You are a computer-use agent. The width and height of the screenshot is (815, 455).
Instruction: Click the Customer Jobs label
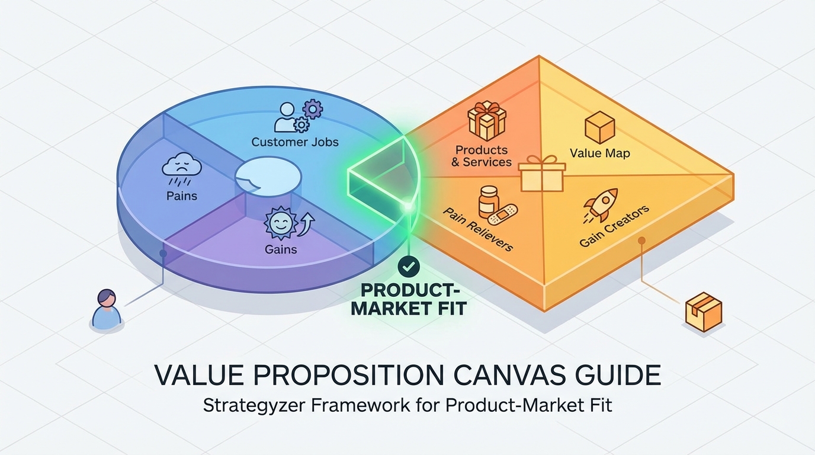pyautogui.click(x=295, y=142)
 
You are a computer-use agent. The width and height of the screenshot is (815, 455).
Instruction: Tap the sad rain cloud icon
pyautogui.click(x=182, y=168)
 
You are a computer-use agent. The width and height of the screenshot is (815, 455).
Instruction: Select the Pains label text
pyautogui.click(x=182, y=196)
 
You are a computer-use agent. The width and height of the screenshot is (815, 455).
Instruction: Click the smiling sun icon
pyautogui.click(x=280, y=222)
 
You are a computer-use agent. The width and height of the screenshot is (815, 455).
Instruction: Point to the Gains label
pyautogui.click(x=281, y=249)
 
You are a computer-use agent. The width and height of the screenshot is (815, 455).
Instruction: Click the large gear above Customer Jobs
pyautogui.click(x=313, y=109)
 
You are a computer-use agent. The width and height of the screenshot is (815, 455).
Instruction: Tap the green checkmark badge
pyautogui.click(x=409, y=267)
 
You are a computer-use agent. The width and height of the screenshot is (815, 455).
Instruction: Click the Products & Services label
pyautogui.click(x=482, y=156)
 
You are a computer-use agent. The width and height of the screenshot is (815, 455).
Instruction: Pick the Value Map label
pyautogui.click(x=599, y=153)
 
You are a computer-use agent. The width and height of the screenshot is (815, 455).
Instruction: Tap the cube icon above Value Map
pyautogui.click(x=599, y=127)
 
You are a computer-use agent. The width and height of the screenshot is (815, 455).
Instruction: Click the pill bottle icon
pyautogui.click(x=488, y=201)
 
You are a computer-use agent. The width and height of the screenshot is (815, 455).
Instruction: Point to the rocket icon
pyautogui.click(x=601, y=204)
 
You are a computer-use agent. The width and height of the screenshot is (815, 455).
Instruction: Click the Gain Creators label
pyautogui.click(x=614, y=226)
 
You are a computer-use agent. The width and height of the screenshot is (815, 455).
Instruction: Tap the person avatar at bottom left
pyautogui.click(x=106, y=309)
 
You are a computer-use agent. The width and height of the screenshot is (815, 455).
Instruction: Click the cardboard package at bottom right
pyautogui.click(x=703, y=312)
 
